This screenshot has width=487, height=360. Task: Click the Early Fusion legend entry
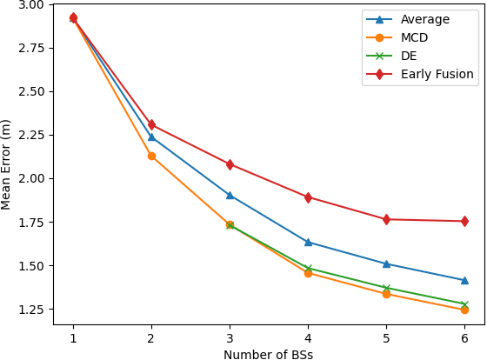[437, 74]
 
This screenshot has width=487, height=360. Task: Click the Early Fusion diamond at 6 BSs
[464, 221]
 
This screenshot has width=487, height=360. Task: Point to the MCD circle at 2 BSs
[151, 156]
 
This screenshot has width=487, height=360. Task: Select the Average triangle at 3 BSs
[230, 195]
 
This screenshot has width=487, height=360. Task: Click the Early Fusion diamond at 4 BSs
[308, 197]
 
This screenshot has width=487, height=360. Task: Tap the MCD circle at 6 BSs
[464, 310]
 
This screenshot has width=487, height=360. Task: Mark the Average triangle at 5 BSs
[386, 263]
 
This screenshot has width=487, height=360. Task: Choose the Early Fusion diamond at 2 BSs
[151, 124]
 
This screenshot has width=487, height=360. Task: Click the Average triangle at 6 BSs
[464, 280]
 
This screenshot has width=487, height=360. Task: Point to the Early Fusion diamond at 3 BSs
[230, 164]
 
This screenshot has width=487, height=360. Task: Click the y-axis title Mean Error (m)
[7, 164]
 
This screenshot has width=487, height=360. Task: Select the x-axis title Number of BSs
[268, 354]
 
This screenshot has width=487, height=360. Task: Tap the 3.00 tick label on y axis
[31, 4]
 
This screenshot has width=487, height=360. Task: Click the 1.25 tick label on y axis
[31, 310]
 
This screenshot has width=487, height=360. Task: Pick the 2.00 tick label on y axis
[31, 178]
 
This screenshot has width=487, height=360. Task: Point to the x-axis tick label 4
[308, 337]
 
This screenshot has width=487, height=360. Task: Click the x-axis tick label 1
[73, 337]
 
